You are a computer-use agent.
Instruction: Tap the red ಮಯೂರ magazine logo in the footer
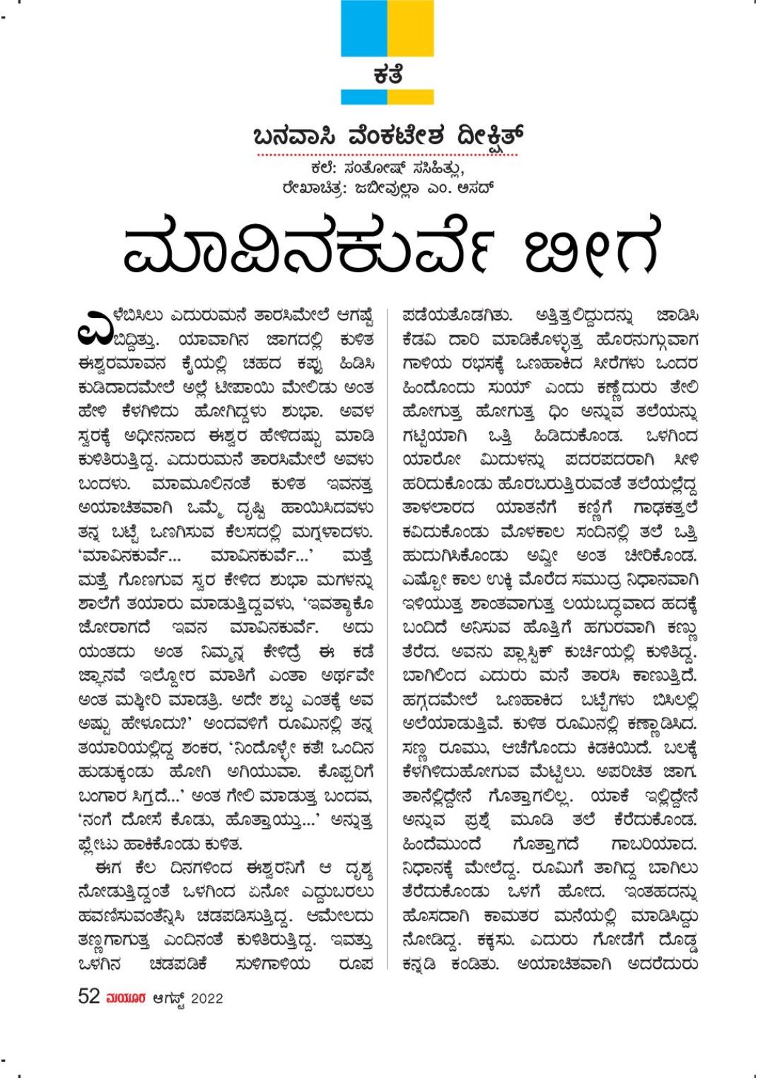coord(126,998)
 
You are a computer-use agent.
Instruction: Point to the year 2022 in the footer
coord(206,998)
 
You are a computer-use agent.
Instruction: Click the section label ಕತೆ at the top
coord(387,73)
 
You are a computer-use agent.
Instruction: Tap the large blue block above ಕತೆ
coord(363,28)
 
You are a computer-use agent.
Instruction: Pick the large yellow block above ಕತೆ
coord(411,28)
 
